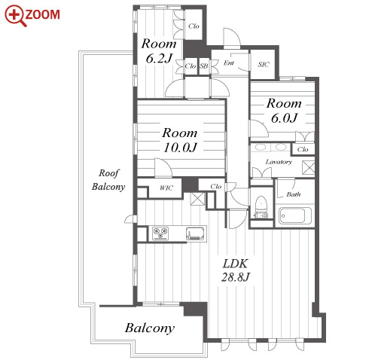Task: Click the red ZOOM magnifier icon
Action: tap(16, 16)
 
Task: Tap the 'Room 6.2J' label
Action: tap(159, 51)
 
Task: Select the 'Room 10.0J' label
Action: tap(180, 140)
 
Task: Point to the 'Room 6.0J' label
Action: tap(284, 111)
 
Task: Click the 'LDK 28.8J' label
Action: tap(236, 270)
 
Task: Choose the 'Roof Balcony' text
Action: tap(108, 180)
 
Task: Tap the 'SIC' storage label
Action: tap(264, 65)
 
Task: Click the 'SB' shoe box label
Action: tap(204, 66)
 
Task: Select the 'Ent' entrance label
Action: tap(229, 63)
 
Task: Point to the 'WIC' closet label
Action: tap(166, 188)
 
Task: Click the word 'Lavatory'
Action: tap(279, 162)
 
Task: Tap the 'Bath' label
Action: tap(294, 194)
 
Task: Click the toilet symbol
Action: tap(261, 206)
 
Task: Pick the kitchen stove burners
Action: tap(160, 233)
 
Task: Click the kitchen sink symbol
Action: tap(195, 233)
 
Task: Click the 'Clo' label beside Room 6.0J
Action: tap(303, 150)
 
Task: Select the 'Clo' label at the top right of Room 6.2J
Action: tap(194, 26)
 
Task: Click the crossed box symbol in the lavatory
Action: tap(309, 167)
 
